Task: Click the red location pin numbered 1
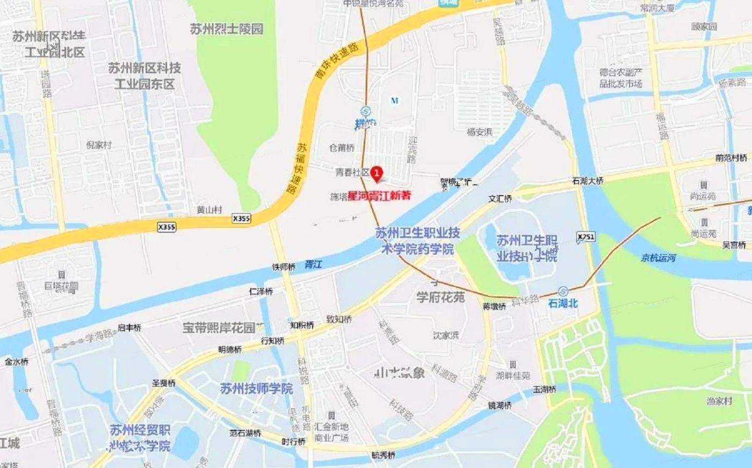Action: click(377, 173)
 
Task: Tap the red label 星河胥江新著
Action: click(379, 196)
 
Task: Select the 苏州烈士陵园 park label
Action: click(227, 29)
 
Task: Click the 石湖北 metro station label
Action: click(563, 304)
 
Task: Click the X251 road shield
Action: click(586, 237)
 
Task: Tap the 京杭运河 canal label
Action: click(658, 258)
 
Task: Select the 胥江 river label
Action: click(313, 264)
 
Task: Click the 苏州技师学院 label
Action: click(257, 388)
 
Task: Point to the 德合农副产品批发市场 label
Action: click(621, 78)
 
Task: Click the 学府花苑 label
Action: click(440, 297)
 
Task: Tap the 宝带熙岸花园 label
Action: click(219, 327)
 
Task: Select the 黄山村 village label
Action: click(209, 210)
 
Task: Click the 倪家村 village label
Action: click(99, 145)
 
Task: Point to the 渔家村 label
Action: click(719, 401)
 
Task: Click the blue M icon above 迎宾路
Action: click(395, 100)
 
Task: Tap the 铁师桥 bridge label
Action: click(284, 267)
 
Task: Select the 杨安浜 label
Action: click(480, 132)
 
